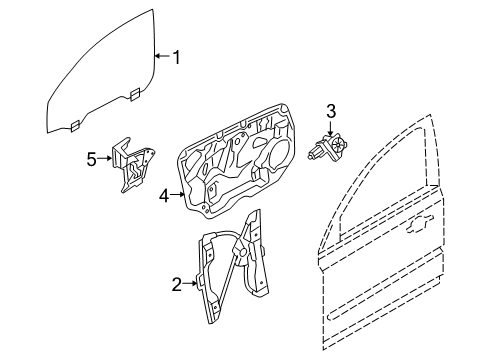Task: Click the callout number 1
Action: tap(176, 57)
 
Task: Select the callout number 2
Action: tap(177, 284)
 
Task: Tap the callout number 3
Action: tap(331, 112)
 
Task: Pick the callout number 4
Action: tap(164, 196)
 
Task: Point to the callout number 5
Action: tap(91, 159)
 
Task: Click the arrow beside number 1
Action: tap(163, 56)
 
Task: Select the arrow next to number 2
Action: tap(190, 283)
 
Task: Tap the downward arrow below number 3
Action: tap(330, 129)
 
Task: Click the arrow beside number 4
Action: tap(178, 194)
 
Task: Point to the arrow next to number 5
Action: tap(105, 158)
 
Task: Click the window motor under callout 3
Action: tap(327, 147)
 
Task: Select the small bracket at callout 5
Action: tap(133, 164)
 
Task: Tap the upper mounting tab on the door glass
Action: tap(135, 94)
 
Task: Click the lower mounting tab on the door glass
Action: tap(75, 125)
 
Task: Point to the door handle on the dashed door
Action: tap(420, 223)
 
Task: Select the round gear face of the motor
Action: tap(338, 144)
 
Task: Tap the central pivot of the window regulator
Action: tap(242, 251)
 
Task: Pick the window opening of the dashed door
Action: tap(380, 187)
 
